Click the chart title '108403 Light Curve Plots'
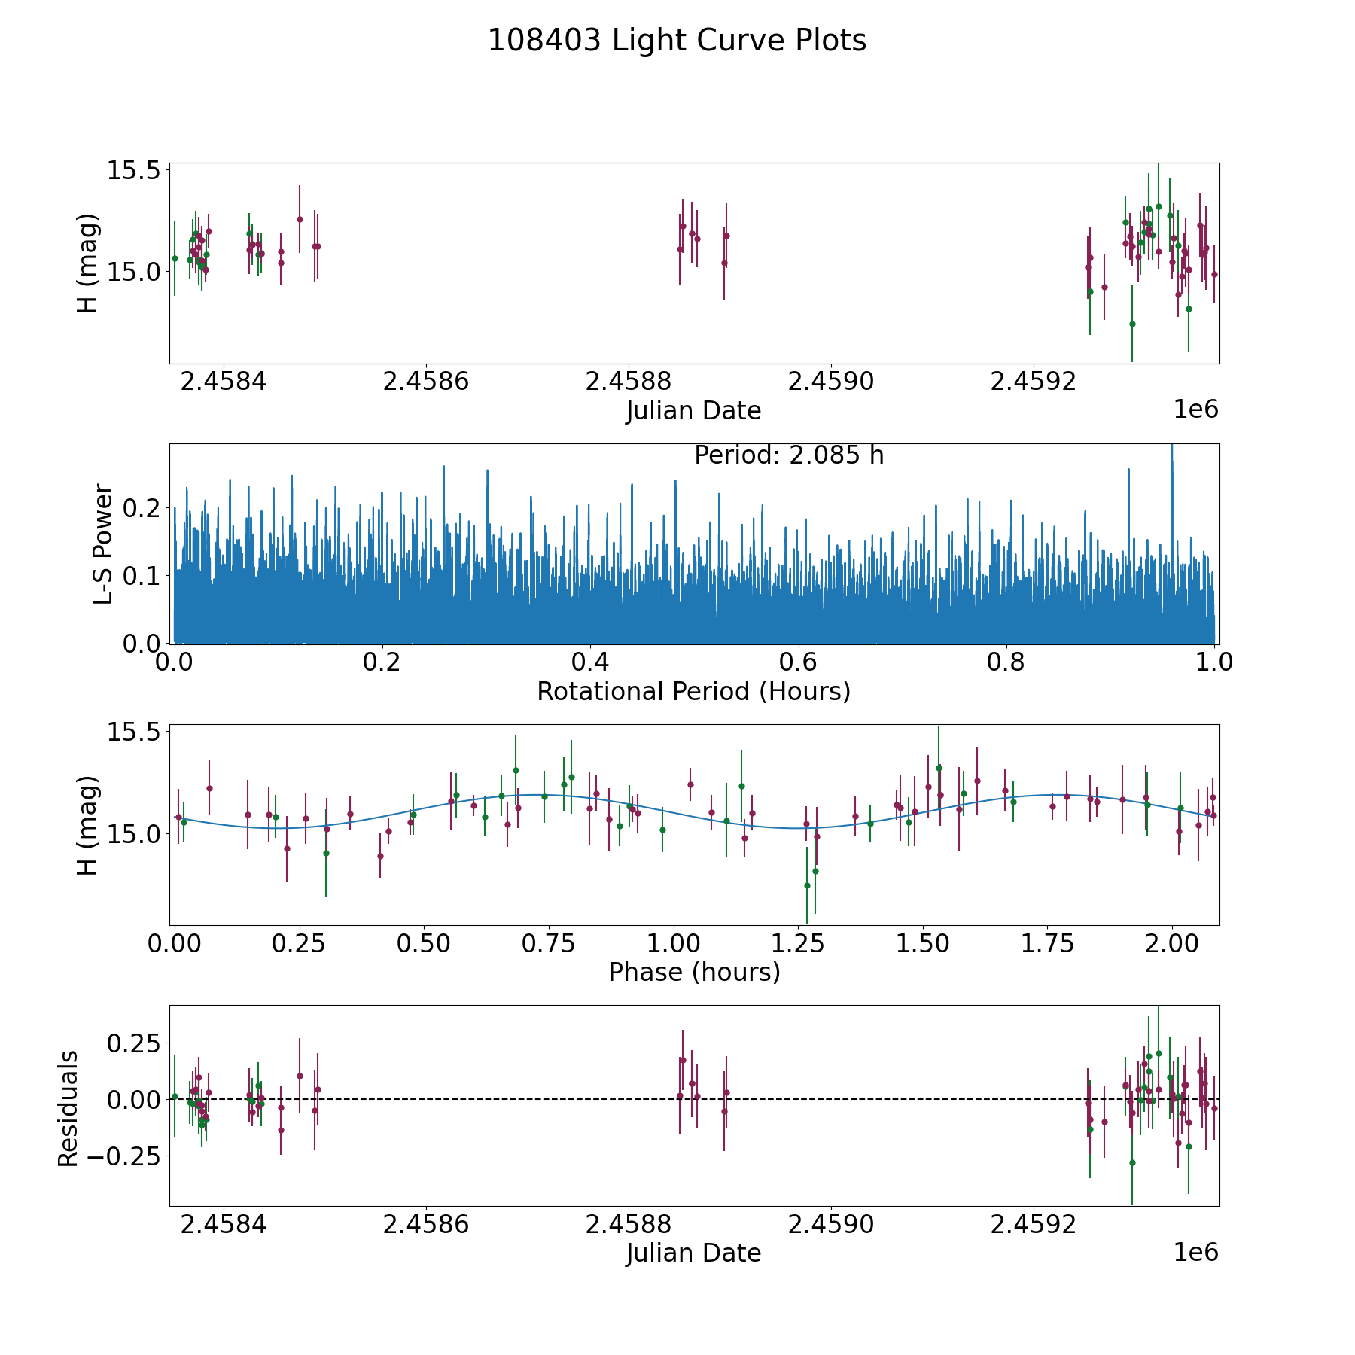[x=677, y=41]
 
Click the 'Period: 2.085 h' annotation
[x=788, y=455]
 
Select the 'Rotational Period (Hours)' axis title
[x=693, y=691]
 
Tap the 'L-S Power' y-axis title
[x=103, y=544]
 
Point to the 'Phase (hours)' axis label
[x=693, y=972]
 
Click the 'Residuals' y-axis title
[x=68, y=1108]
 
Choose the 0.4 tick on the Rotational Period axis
[x=590, y=662]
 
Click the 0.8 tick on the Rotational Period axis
[x=1006, y=662]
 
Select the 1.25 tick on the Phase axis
[x=924, y=943]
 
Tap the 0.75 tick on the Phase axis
[x=549, y=943]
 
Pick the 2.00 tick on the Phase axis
[x=1173, y=943]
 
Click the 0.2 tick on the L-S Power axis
[x=143, y=508]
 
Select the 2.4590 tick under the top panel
[x=830, y=382]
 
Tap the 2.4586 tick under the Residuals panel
[x=425, y=1224]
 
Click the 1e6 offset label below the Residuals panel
[x=1195, y=1252]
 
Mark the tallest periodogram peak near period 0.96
[x=1172, y=448]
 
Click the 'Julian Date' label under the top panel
[x=693, y=411]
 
